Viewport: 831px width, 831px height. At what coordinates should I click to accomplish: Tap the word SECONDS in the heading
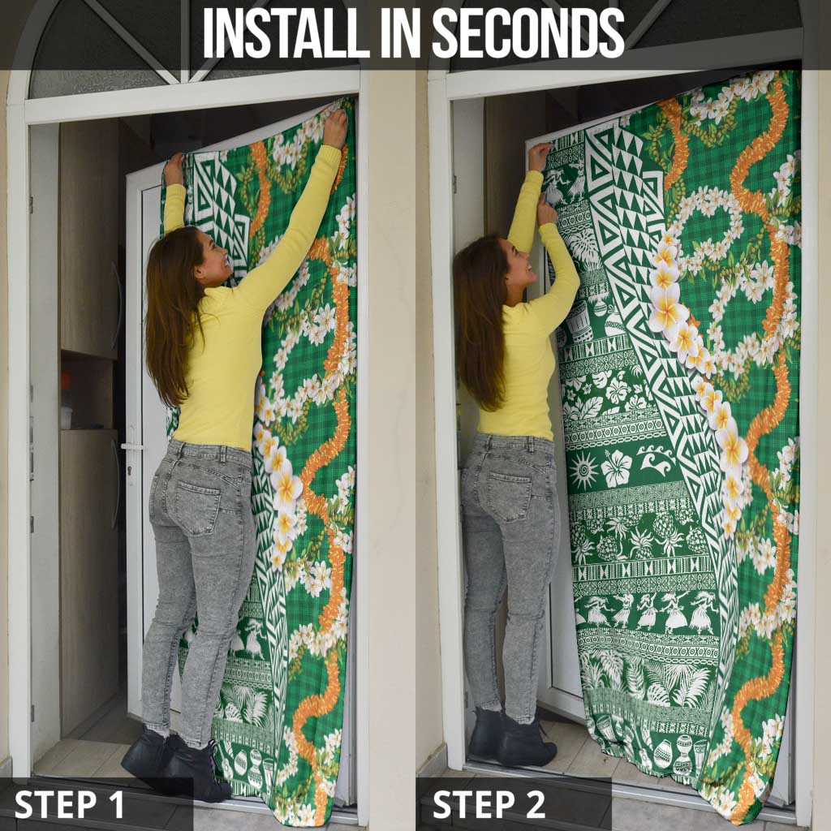pyautogui.click(x=527, y=33)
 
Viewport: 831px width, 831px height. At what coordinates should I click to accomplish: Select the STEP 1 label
pyautogui.click(x=70, y=804)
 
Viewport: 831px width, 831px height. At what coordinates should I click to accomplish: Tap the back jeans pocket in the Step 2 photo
pyautogui.click(x=508, y=495)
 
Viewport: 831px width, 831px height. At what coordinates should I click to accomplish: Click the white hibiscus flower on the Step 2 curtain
pyautogui.click(x=618, y=469)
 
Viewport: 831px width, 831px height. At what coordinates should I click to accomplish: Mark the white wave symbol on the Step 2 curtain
pyautogui.click(x=654, y=462)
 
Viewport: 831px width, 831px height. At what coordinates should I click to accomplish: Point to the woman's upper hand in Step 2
pyautogui.click(x=540, y=157)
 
